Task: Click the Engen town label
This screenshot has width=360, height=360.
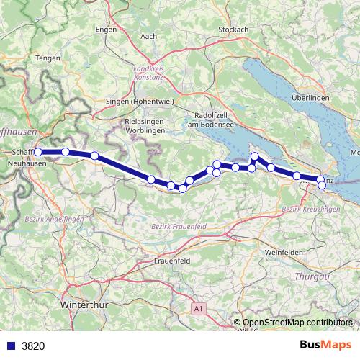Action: coord(105,30)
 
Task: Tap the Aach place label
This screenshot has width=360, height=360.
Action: coord(150,36)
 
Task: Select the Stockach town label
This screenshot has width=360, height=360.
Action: coord(233,30)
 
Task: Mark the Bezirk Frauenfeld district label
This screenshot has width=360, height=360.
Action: coord(179,226)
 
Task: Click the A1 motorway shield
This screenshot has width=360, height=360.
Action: coord(199,308)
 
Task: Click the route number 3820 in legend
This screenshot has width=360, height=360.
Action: coord(33,346)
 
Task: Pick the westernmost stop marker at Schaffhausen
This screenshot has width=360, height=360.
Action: coord(38,152)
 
